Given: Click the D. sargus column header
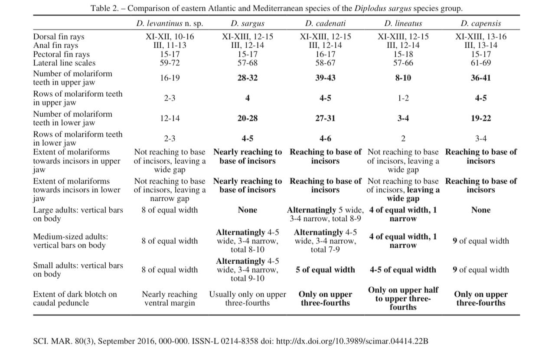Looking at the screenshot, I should pyautogui.click(x=247, y=23).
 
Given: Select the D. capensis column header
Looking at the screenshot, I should pyautogui.click(x=480, y=23).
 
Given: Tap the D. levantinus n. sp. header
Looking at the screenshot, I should pyautogui.click(x=170, y=23).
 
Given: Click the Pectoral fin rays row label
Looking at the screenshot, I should pyautogui.click(x=62, y=54).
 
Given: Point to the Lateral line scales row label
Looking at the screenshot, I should pyautogui.click(x=64, y=63).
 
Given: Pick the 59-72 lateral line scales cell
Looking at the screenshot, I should pyautogui.click(x=170, y=63).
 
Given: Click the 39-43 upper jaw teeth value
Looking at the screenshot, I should pyautogui.click(x=325, y=78).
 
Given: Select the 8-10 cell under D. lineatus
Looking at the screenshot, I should pyautogui.click(x=403, y=78).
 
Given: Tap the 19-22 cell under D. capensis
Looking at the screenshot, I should pyautogui.click(x=481, y=118).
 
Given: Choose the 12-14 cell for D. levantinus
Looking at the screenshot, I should pyautogui.click(x=170, y=118).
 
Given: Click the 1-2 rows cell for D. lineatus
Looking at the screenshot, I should pyautogui.click(x=403, y=98).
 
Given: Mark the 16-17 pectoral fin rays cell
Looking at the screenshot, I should pyautogui.click(x=325, y=54).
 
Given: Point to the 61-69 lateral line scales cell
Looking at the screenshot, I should pyautogui.click(x=481, y=63).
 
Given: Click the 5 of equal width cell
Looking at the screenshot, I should pyautogui.click(x=325, y=270).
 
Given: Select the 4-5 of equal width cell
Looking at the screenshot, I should pyautogui.click(x=403, y=270).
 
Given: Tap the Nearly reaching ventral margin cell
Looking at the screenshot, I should pyautogui.click(x=170, y=298).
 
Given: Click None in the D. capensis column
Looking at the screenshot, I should pyautogui.click(x=481, y=210).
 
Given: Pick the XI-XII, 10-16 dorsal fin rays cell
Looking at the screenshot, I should pyautogui.click(x=170, y=37).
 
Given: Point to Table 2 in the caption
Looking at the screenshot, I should pyautogui.click(x=104, y=8).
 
